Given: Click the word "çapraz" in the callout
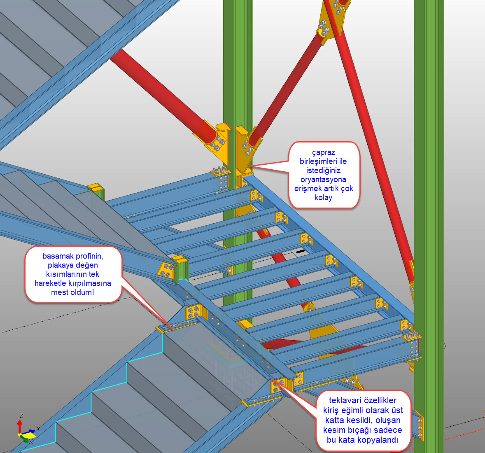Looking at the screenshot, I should pyautogui.click(x=323, y=152).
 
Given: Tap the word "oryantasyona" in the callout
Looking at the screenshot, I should pyautogui.click(x=323, y=180).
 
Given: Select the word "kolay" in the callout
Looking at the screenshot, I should pyautogui.click(x=323, y=198).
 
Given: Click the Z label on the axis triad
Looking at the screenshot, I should pyautogui.click(x=21, y=416).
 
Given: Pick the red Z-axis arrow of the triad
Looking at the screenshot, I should pyautogui.click(x=20, y=426).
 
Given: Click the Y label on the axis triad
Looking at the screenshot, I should pyautogui.click(x=38, y=428).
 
